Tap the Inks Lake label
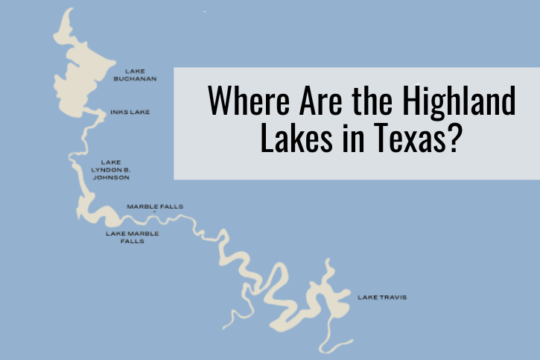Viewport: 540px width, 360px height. point(130,113)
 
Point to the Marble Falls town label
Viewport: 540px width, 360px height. point(155,206)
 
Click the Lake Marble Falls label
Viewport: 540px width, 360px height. point(132,237)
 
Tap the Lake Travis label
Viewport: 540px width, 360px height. point(381,297)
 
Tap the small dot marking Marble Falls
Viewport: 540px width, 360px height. point(155,212)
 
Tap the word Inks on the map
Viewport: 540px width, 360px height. point(120,113)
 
